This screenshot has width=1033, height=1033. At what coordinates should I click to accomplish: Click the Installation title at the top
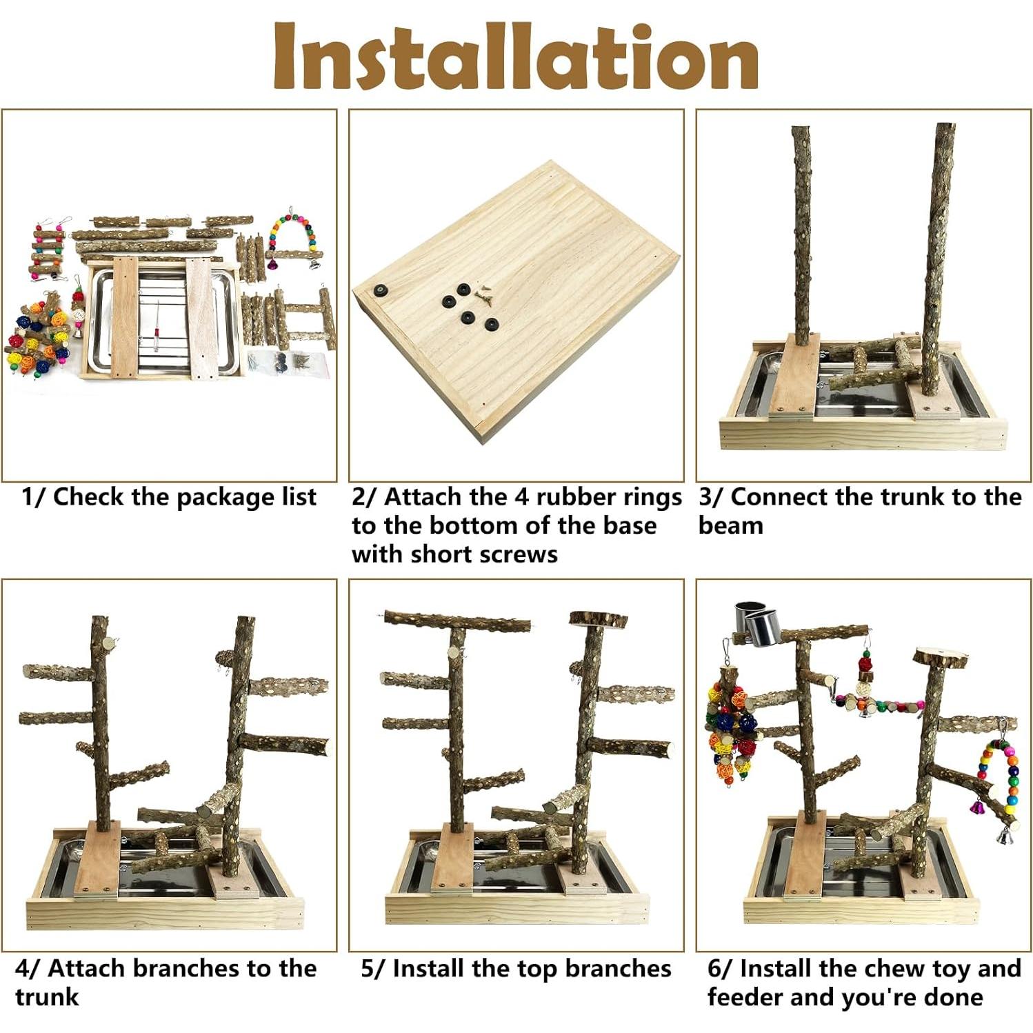(x=516, y=57)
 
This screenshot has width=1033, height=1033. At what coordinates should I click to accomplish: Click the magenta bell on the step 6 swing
(x=977, y=805)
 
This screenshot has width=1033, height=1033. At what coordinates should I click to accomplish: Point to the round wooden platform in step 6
(x=941, y=656)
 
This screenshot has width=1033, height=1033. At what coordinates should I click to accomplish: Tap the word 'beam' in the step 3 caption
(x=730, y=526)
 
